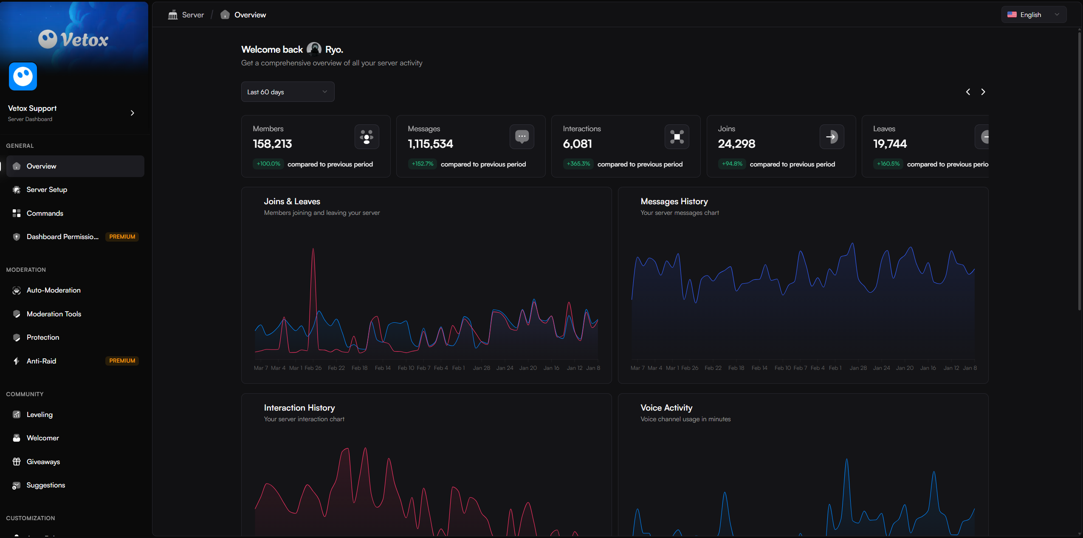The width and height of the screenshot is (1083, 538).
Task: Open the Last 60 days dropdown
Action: (288, 92)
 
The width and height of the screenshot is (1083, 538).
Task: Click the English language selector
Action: (1033, 15)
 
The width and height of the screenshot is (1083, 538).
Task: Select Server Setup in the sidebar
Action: (47, 190)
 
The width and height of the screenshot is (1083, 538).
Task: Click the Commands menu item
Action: (45, 213)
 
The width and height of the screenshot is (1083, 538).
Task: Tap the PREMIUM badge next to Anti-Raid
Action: (122, 361)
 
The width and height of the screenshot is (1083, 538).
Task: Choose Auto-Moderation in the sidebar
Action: (54, 290)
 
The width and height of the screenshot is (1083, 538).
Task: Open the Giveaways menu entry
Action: (43, 462)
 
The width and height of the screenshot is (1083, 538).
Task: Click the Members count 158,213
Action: (272, 144)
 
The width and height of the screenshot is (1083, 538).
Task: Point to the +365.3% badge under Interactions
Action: (578, 164)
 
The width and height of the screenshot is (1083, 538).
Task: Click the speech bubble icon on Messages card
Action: (522, 137)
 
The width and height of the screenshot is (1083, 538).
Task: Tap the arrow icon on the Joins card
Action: (831, 137)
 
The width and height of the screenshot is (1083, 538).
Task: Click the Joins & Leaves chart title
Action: (292, 202)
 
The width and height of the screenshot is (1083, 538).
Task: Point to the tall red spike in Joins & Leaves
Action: (313, 255)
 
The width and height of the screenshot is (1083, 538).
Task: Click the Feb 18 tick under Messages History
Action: (736, 368)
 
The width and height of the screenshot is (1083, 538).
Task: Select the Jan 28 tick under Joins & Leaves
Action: (481, 368)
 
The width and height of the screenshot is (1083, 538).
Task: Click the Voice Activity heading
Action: (666, 408)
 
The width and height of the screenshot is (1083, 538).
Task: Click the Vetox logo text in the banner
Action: (84, 40)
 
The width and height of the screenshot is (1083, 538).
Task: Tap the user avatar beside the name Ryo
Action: (314, 49)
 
